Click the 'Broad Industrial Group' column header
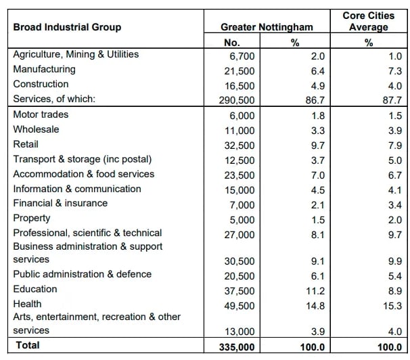67,27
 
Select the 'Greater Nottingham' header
267,27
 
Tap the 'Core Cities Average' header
369,21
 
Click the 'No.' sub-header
232,43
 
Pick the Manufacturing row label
44,69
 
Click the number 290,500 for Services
237,100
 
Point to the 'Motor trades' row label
41,114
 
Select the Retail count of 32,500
240,145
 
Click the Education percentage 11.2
315,291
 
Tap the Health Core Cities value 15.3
392,306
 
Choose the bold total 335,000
237,347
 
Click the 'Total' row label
28,345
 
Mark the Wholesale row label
36,129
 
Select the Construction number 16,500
240,86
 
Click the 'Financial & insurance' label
60,203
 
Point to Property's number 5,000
242,220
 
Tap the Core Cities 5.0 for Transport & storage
395,160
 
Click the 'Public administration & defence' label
83,274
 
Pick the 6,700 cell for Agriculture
242,56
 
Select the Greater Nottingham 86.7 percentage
315,100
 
